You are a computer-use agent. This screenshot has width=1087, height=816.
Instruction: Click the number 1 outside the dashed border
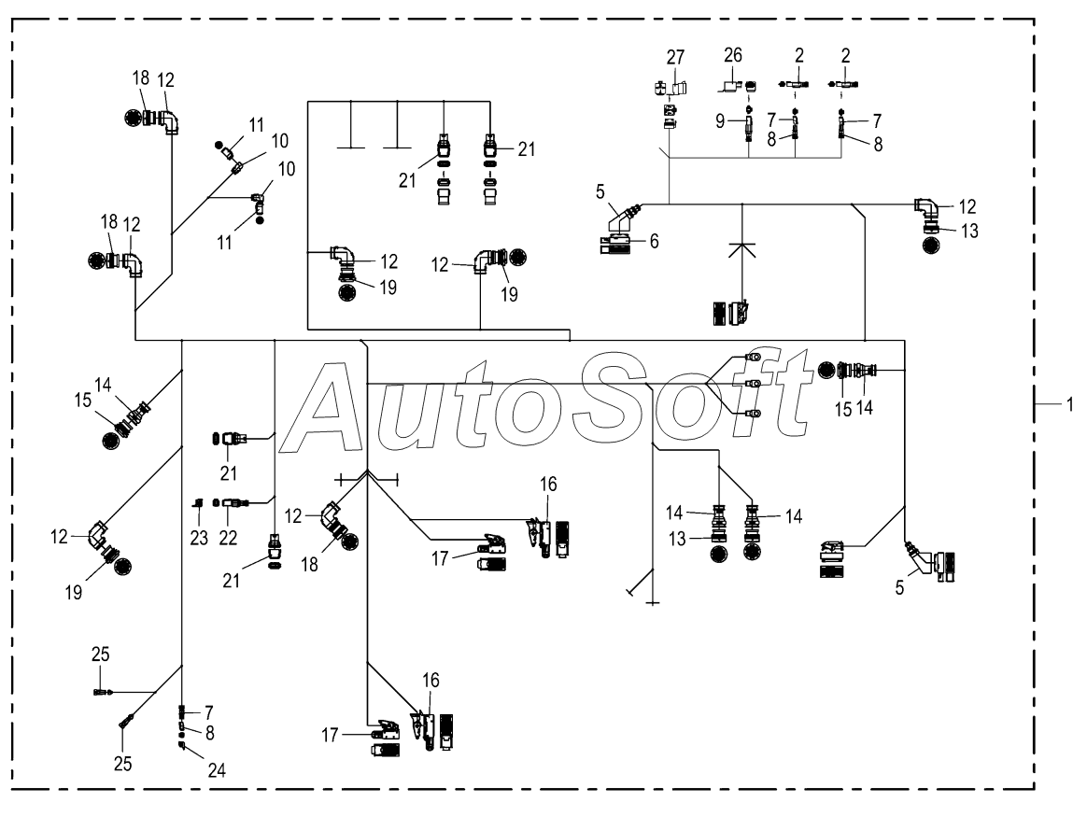[1069, 403]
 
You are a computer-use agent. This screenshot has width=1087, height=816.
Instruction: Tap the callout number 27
[675, 57]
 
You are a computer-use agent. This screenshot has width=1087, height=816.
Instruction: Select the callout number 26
[733, 55]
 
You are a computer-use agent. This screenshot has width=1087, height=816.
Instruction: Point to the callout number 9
[720, 121]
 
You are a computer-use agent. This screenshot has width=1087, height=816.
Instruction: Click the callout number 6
[654, 241]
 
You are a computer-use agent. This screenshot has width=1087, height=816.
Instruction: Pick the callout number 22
[228, 537]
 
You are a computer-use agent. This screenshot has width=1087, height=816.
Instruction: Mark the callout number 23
[199, 537]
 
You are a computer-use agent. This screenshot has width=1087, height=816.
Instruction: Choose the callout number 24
[217, 769]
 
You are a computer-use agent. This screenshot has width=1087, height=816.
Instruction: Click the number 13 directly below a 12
[969, 231]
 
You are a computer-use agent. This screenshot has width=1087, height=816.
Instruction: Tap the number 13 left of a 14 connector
[677, 539]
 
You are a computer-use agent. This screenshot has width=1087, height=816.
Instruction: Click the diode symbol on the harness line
[741, 250]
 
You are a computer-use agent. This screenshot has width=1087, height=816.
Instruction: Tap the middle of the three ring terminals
[752, 384]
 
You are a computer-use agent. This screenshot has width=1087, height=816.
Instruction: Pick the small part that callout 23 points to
[198, 502]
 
